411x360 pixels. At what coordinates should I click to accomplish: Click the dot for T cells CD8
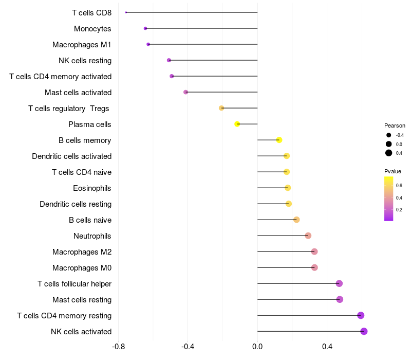[x=126, y=12]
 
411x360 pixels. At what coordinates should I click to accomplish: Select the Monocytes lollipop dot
[x=145, y=28]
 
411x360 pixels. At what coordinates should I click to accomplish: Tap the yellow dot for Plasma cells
[x=237, y=124]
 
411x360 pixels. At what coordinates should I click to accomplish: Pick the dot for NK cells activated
[x=364, y=331]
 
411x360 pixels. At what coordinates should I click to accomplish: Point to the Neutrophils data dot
[x=308, y=236]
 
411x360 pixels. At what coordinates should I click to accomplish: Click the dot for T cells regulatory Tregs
[x=221, y=108]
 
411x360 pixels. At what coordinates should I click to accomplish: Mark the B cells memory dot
[x=279, y=140]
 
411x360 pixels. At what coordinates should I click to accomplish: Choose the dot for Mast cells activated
[x=185, y=92]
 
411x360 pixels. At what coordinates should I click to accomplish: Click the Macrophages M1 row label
[x=82, y=45]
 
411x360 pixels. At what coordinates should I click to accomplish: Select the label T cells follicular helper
[x=74, y=284]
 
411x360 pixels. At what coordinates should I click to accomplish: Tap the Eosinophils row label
[x=92, y=188]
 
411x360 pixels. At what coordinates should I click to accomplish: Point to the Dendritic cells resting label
[x=76, y=204]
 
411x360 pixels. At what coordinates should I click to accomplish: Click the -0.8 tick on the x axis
[x=118, y=347]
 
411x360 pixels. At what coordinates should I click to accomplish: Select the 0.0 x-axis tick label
[x=257, y=347]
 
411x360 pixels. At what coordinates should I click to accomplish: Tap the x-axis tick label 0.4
[x=327, y=347]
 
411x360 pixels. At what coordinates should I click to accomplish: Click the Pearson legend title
[x=395, y=125]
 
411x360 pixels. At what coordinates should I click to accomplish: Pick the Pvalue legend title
[x=393, y=171]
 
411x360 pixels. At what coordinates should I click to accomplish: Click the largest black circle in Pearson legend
[x=389, y=153]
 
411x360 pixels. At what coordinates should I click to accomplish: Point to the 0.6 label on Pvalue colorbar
[x=399, y=186]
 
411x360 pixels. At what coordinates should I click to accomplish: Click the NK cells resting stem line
[x=213, y=60]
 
